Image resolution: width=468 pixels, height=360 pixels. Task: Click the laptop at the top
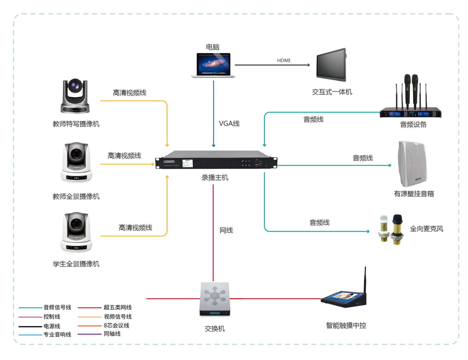point(213,65)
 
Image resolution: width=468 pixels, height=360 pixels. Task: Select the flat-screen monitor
point(331,65)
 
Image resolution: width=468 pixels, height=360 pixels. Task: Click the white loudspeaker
point(412,164)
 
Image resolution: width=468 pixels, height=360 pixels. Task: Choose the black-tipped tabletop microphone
point(397,228)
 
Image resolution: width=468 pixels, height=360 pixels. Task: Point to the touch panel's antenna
point(365,279)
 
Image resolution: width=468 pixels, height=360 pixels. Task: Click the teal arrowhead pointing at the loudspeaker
point(390,165)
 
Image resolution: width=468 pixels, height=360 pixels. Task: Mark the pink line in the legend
point(30,317)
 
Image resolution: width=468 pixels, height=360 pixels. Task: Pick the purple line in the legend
point(90,334)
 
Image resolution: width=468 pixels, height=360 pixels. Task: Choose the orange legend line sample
point(90,326)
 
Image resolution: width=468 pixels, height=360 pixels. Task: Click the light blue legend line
point(30,335)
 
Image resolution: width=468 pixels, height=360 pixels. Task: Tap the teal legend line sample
point(30,308)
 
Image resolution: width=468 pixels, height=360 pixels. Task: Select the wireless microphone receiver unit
point(411,113)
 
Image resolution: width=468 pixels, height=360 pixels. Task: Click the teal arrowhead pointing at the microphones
point(368,231)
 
